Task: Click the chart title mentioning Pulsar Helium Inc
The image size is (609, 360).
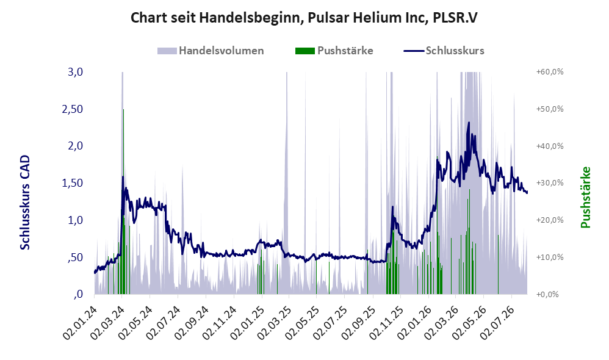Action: coord(304,18)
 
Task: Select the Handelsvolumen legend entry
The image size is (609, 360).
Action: coord(211,51)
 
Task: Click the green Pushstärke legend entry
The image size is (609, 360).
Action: coord(334,51)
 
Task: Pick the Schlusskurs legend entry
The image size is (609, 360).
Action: coord(444,51)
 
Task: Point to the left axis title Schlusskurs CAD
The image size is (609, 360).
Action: coord(25,203)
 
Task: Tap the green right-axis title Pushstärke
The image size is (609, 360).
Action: coord(585,197)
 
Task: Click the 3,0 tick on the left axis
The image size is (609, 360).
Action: coord(75,72)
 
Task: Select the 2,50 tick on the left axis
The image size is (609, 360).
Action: coord(73,109)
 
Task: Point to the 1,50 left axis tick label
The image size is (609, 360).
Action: coord(73,183)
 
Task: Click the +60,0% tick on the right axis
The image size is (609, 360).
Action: coord(550,72)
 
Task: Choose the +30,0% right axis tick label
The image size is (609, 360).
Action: coord(550,183)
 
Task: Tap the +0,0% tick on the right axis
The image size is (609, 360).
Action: coord(547,294)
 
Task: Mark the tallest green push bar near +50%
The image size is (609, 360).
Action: coord(123,201)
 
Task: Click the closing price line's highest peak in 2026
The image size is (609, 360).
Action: coord(469,123)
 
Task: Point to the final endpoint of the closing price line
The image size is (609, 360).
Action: coord(527,193)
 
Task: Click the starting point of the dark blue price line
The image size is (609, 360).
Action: coord(95,273)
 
